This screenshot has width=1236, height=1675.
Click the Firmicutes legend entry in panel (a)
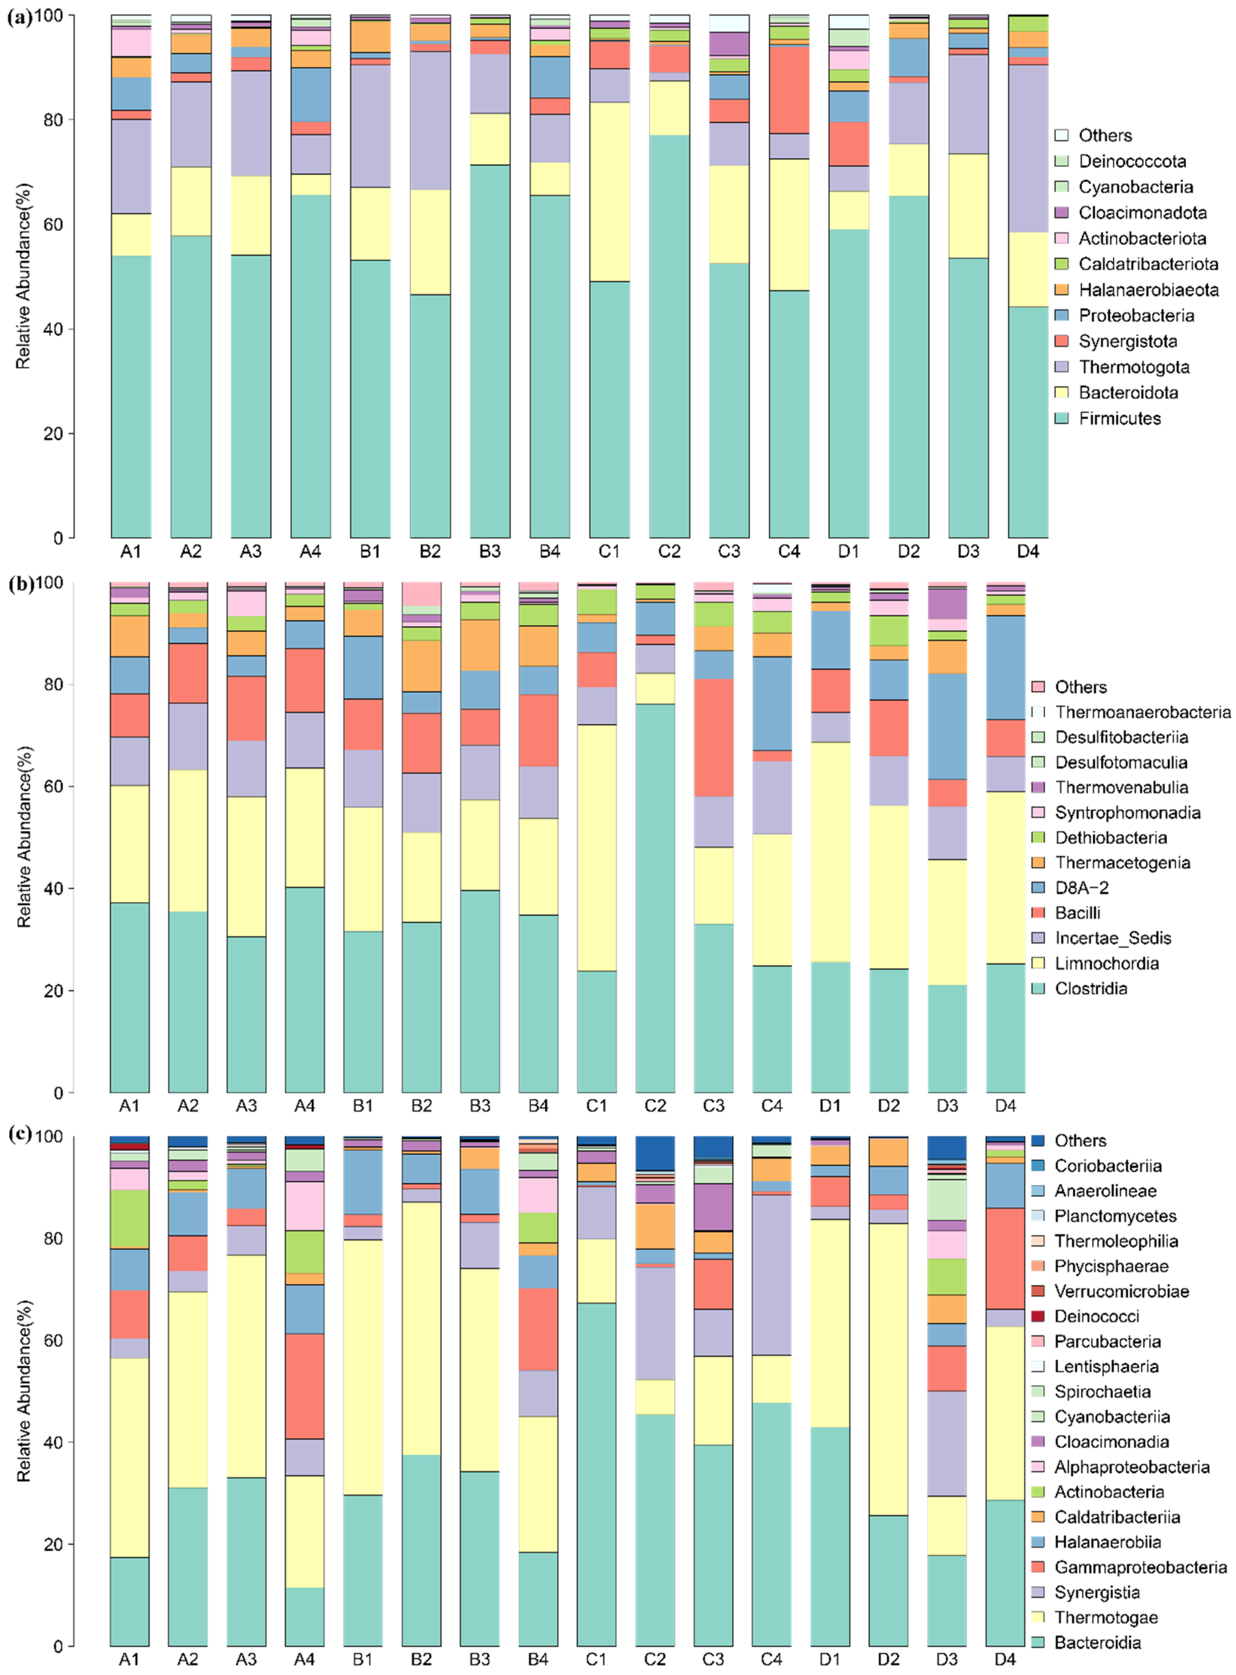(x=1119, y=418)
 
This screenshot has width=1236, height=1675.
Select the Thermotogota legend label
(x=1134, y=367)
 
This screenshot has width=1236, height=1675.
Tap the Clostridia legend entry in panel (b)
(x=1091, y=988)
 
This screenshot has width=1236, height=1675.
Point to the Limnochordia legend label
(x=1107, y=963)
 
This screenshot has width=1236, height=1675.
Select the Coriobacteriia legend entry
(x=1108, y=1165)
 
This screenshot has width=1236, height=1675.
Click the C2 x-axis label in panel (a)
(x=669, y=551)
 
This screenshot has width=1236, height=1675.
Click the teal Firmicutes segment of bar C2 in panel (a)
(x=669, y=337)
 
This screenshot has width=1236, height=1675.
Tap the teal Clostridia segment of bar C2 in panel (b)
(x=655, y=898)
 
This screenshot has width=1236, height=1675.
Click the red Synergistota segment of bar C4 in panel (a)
(x=788, y=90)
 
